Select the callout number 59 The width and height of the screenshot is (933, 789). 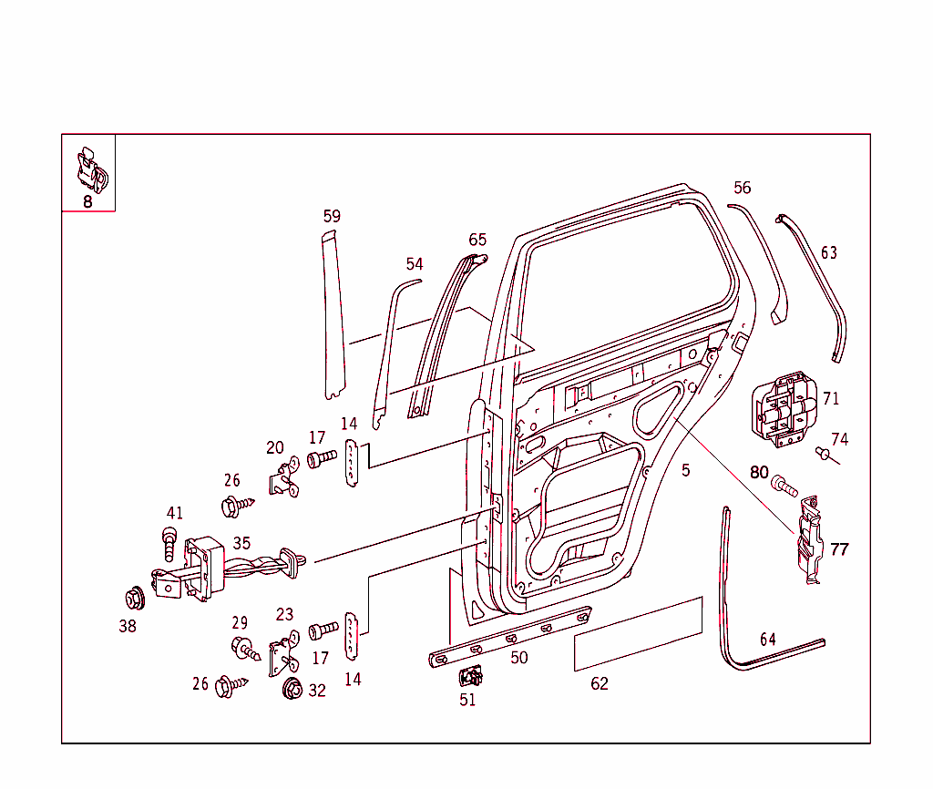[x=332, y=216]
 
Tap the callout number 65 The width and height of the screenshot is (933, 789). [x=477, y=240]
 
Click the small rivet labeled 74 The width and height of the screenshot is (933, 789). [x=823, y=452]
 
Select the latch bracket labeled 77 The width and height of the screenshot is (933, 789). [x=809, y=542]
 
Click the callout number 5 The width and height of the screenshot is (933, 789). [x=685, y=471]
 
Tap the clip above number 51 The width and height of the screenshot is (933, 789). [x=471, y=676]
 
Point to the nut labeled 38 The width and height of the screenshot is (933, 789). [x=135, y=599]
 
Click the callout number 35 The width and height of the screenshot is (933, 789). [x=241, y=543]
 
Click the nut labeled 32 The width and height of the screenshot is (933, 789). [x=292, y=690]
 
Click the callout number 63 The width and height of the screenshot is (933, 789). [x=828, y=252]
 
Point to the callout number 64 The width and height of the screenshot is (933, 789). [x=768, y=639]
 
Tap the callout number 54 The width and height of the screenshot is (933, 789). [x=415, y=263]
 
